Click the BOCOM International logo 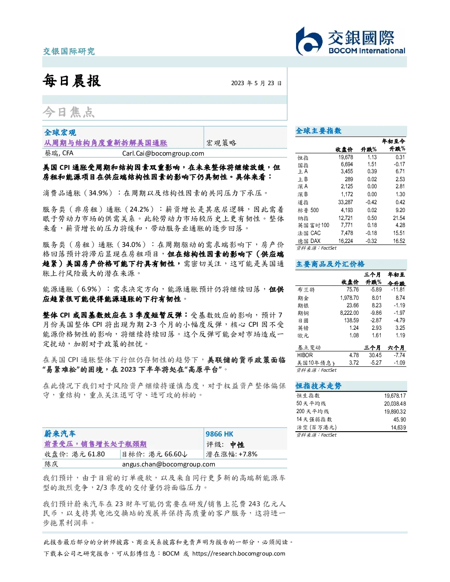coord(350,41)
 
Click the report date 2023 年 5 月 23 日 coord(256,83)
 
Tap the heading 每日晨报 coord(72,81)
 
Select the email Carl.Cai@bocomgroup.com coord(163,153)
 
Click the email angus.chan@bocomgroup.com coord(169,464)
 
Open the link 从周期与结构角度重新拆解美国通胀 coord(106,143)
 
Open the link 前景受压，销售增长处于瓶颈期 coord(95,444)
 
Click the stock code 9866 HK coord(219,434)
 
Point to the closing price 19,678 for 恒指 coord(345,157)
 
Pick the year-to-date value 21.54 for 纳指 coord(399,218)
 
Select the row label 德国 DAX coord(309,241)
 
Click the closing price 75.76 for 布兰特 coord(352,290)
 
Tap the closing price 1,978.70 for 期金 coord(349,298)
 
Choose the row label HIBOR coord(305,355)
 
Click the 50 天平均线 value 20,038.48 coord(395,403)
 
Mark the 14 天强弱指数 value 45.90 coord(399,419)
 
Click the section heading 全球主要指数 coord(319,131)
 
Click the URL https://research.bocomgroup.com coord(239,553)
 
